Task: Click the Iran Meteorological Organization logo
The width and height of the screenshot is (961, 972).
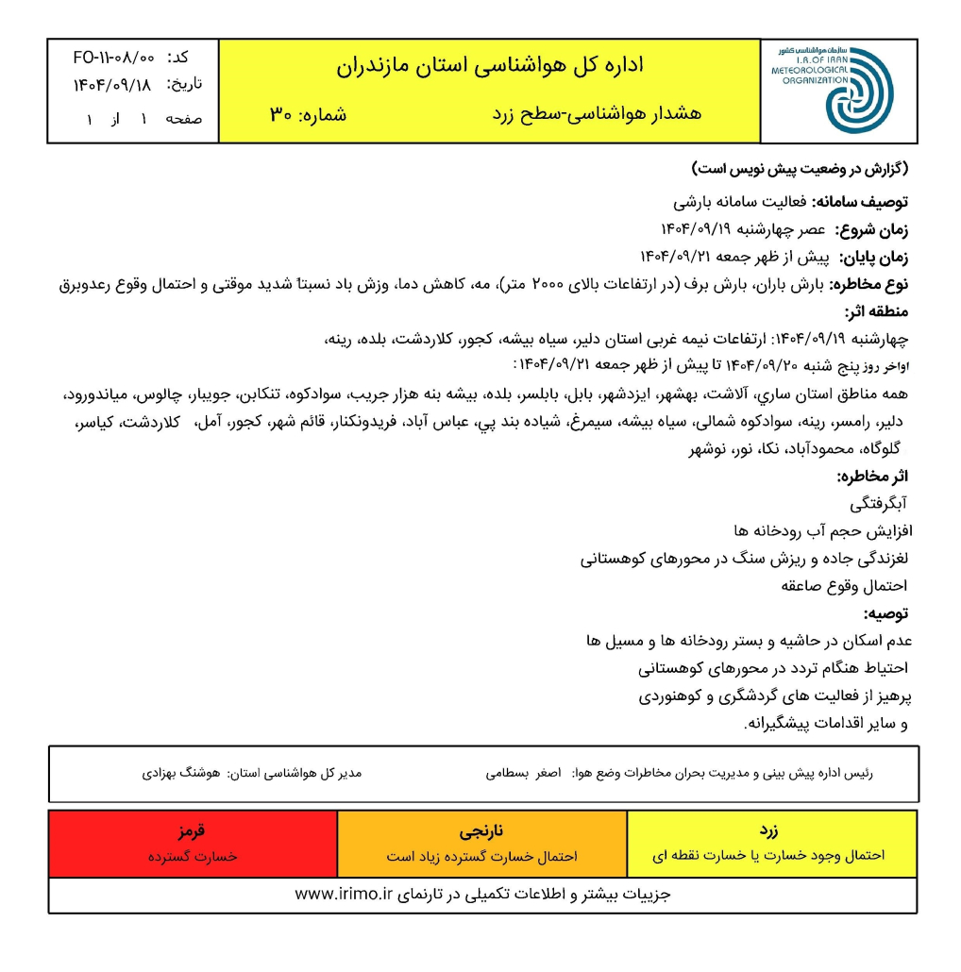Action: pos(836,91)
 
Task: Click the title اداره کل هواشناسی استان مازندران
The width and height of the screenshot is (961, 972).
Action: pos(489,66)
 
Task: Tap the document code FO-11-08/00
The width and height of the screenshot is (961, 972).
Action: pos(112,58)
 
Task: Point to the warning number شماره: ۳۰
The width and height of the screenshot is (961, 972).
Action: pos(308,115)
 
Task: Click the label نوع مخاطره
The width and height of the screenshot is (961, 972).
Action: pos(871,284)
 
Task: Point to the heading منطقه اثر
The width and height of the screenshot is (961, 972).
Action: pos(877,311)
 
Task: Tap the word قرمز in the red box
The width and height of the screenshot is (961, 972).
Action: pos(193,833)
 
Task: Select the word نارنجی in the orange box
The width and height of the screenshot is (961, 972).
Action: pos(481,833)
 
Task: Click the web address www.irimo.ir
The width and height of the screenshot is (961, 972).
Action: pos(343,894)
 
